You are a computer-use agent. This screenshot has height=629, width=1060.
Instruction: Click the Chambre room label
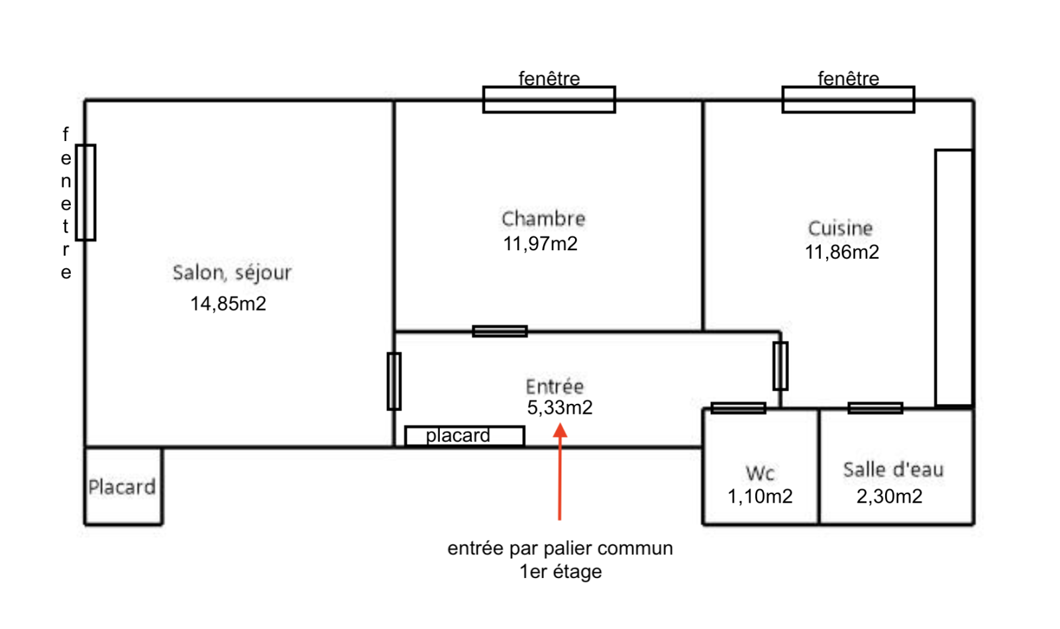tap(543, 219)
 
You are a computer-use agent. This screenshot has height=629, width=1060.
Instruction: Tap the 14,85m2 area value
tap(228, 304)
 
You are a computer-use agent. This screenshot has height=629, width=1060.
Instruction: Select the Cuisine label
tap(841, 228)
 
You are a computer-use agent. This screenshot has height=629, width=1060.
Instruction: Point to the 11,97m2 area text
tap(541, 244)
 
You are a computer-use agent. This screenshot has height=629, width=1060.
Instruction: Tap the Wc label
tap(760, 473)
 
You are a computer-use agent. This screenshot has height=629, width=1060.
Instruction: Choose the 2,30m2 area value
tap(889, 497)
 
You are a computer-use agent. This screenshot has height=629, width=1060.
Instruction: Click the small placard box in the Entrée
tap(464, 436)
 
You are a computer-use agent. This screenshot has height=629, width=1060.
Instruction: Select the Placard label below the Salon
tap(122, 487)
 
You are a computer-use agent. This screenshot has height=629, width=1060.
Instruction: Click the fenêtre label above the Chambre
tap(549, 79)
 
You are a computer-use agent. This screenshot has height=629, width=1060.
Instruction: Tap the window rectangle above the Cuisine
tap(849, 99)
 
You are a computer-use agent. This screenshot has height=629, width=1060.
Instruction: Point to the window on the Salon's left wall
tap(85, 193)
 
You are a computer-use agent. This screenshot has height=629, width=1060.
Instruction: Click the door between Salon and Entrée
tap(394, 381)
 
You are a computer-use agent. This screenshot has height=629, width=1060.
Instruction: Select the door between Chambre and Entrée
tap(500, 332)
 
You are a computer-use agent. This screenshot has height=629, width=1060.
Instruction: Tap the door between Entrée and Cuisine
tap(780, 366)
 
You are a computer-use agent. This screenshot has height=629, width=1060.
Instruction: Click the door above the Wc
tap(738, 408)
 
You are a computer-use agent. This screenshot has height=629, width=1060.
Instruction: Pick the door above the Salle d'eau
tap(875, 408)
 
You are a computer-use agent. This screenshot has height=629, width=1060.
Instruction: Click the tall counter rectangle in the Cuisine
tap(954, 277)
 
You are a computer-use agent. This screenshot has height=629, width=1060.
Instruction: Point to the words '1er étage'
tap(560, 572)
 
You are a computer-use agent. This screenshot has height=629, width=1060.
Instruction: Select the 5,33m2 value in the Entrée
tap(560, 408)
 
